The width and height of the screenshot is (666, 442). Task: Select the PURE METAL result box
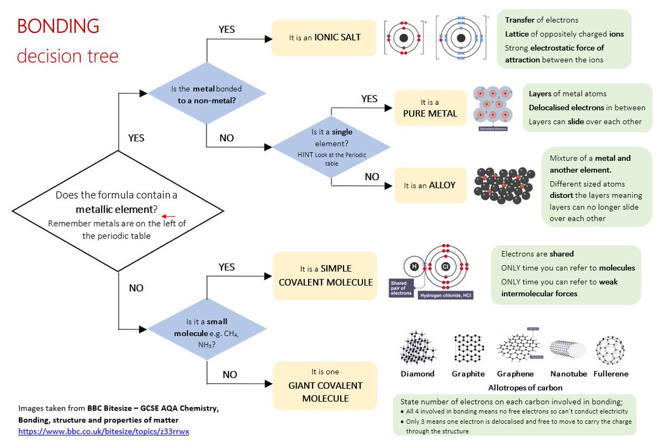[430, 108]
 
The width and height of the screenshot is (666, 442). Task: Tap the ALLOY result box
[430, 185]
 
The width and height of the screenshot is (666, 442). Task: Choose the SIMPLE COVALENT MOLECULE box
[325, 276]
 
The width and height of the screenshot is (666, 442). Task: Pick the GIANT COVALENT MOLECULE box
[325, 385]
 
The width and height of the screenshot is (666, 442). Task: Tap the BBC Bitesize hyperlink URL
[103, 431]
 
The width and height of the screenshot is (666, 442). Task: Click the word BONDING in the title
[58, 26]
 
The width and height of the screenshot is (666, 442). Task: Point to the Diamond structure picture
[417, 348]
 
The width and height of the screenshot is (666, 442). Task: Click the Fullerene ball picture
[610, 348]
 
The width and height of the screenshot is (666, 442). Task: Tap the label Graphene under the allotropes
[515, 374]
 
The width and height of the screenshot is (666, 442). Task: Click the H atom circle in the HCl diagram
[413, 267]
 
